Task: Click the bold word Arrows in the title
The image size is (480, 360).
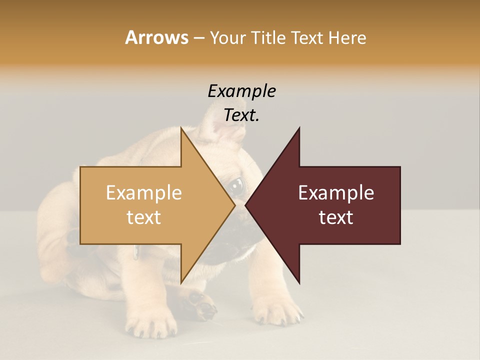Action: (x=156, y=37)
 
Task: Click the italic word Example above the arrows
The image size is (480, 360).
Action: (x=241, y=91)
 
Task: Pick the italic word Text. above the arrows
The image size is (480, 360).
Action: (x=241, y=115)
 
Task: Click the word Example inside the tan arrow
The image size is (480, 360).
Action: (x=143, y=193)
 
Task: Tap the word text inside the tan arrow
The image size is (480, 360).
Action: (x=143, y=217)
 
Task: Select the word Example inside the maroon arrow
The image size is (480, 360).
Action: (x=336, y=193)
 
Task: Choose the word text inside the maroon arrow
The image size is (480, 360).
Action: (x=336, y=217)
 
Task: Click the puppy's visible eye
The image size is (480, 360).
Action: (x=236, y=185)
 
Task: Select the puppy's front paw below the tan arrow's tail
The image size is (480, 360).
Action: (x=150, y=320)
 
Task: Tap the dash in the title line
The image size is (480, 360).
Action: (x=198, y=38)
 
